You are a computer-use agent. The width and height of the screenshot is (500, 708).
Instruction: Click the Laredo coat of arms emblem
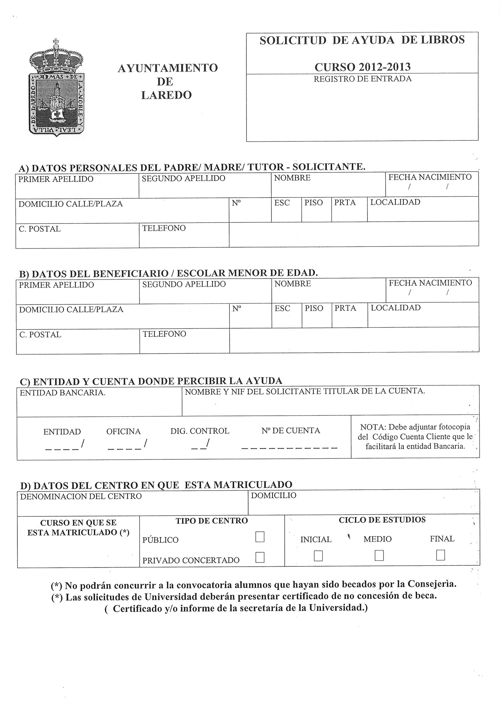[x=57, y=89]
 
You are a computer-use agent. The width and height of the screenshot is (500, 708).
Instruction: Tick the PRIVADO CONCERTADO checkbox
[x=260, y=557]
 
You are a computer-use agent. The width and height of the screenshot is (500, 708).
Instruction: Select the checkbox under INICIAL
[x=318, y=556]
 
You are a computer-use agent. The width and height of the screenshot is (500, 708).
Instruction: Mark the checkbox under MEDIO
[x=379, y=555]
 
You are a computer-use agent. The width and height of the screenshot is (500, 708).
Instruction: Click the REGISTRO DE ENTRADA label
[x=363, y=79]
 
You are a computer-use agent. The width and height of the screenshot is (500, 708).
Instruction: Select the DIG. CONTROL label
[x=200, y=431]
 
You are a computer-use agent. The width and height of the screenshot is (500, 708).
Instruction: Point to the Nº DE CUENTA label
[x=290, y=431]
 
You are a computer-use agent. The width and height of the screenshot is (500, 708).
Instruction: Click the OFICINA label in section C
[x=123, y=431]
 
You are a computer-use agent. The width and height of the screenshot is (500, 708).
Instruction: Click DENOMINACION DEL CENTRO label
[x=81, y=496]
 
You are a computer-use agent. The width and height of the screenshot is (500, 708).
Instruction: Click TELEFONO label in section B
[x=164, y=334]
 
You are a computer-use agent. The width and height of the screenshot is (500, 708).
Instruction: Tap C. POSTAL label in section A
[x=40, y=229]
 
